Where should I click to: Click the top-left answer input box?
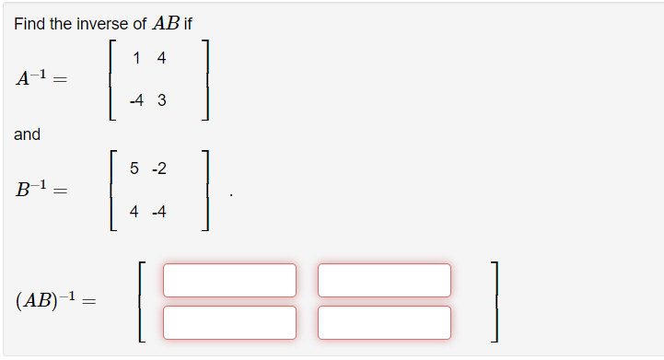click(x=229, y=280)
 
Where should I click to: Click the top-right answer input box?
click(x=384, y=280)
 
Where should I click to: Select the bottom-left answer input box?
click(x=229, y=322)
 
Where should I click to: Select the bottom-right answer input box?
click(x=384, y=322)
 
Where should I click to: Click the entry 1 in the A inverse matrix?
click(x=136, y=59)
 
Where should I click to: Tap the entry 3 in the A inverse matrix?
click(x=161, y=101)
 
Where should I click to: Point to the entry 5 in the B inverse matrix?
click(x=134, y=168)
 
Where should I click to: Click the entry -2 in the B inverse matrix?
click(x=159, y=168)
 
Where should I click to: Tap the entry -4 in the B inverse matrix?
click(x=159, y=212)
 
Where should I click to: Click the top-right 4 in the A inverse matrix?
click(x=161, y=59)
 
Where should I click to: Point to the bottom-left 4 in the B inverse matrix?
click(x=134, y=212)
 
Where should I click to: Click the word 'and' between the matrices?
click(x=27, y=134)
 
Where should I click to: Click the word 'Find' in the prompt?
click(x=29, y=24)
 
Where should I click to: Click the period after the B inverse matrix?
click(x=230, y=194)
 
